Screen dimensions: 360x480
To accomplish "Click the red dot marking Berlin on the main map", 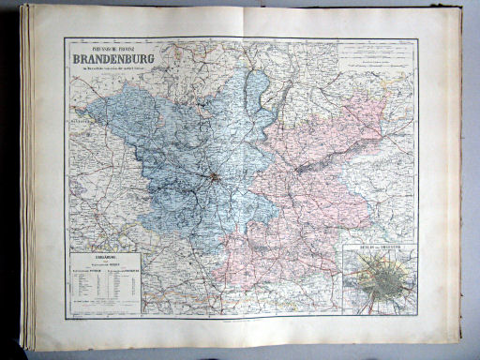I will point(215,175).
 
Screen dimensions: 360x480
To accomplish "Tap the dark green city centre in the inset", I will point(382,277).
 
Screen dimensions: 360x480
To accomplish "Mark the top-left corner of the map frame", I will point(65,39).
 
